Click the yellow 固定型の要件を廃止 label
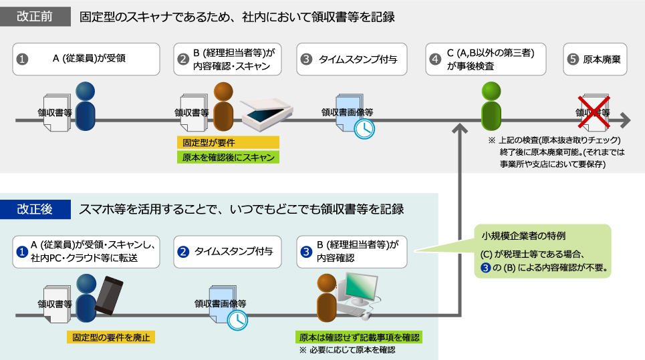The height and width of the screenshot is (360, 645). tap(110, 337)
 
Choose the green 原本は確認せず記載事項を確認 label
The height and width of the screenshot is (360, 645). tap(359, 337)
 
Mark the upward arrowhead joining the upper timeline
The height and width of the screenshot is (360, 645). tap(461, 129)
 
